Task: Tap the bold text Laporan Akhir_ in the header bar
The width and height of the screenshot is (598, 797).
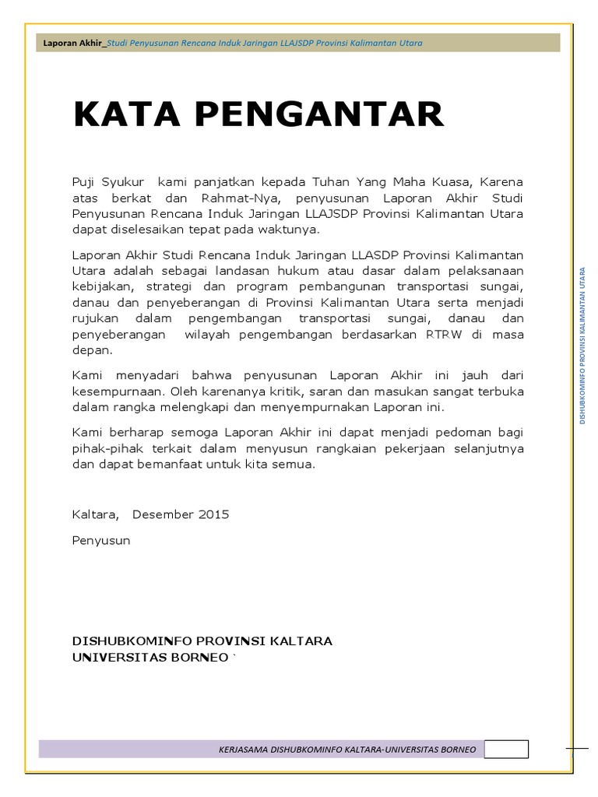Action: [x=74, y=43]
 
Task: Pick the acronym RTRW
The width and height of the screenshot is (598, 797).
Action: [x=465, y=335]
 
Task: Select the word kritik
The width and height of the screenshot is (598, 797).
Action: [x=263, y=391]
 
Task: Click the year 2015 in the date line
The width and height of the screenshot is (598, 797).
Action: [x=214, y=514]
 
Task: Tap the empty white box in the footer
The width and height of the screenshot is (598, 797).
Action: [x=506, y=749]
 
